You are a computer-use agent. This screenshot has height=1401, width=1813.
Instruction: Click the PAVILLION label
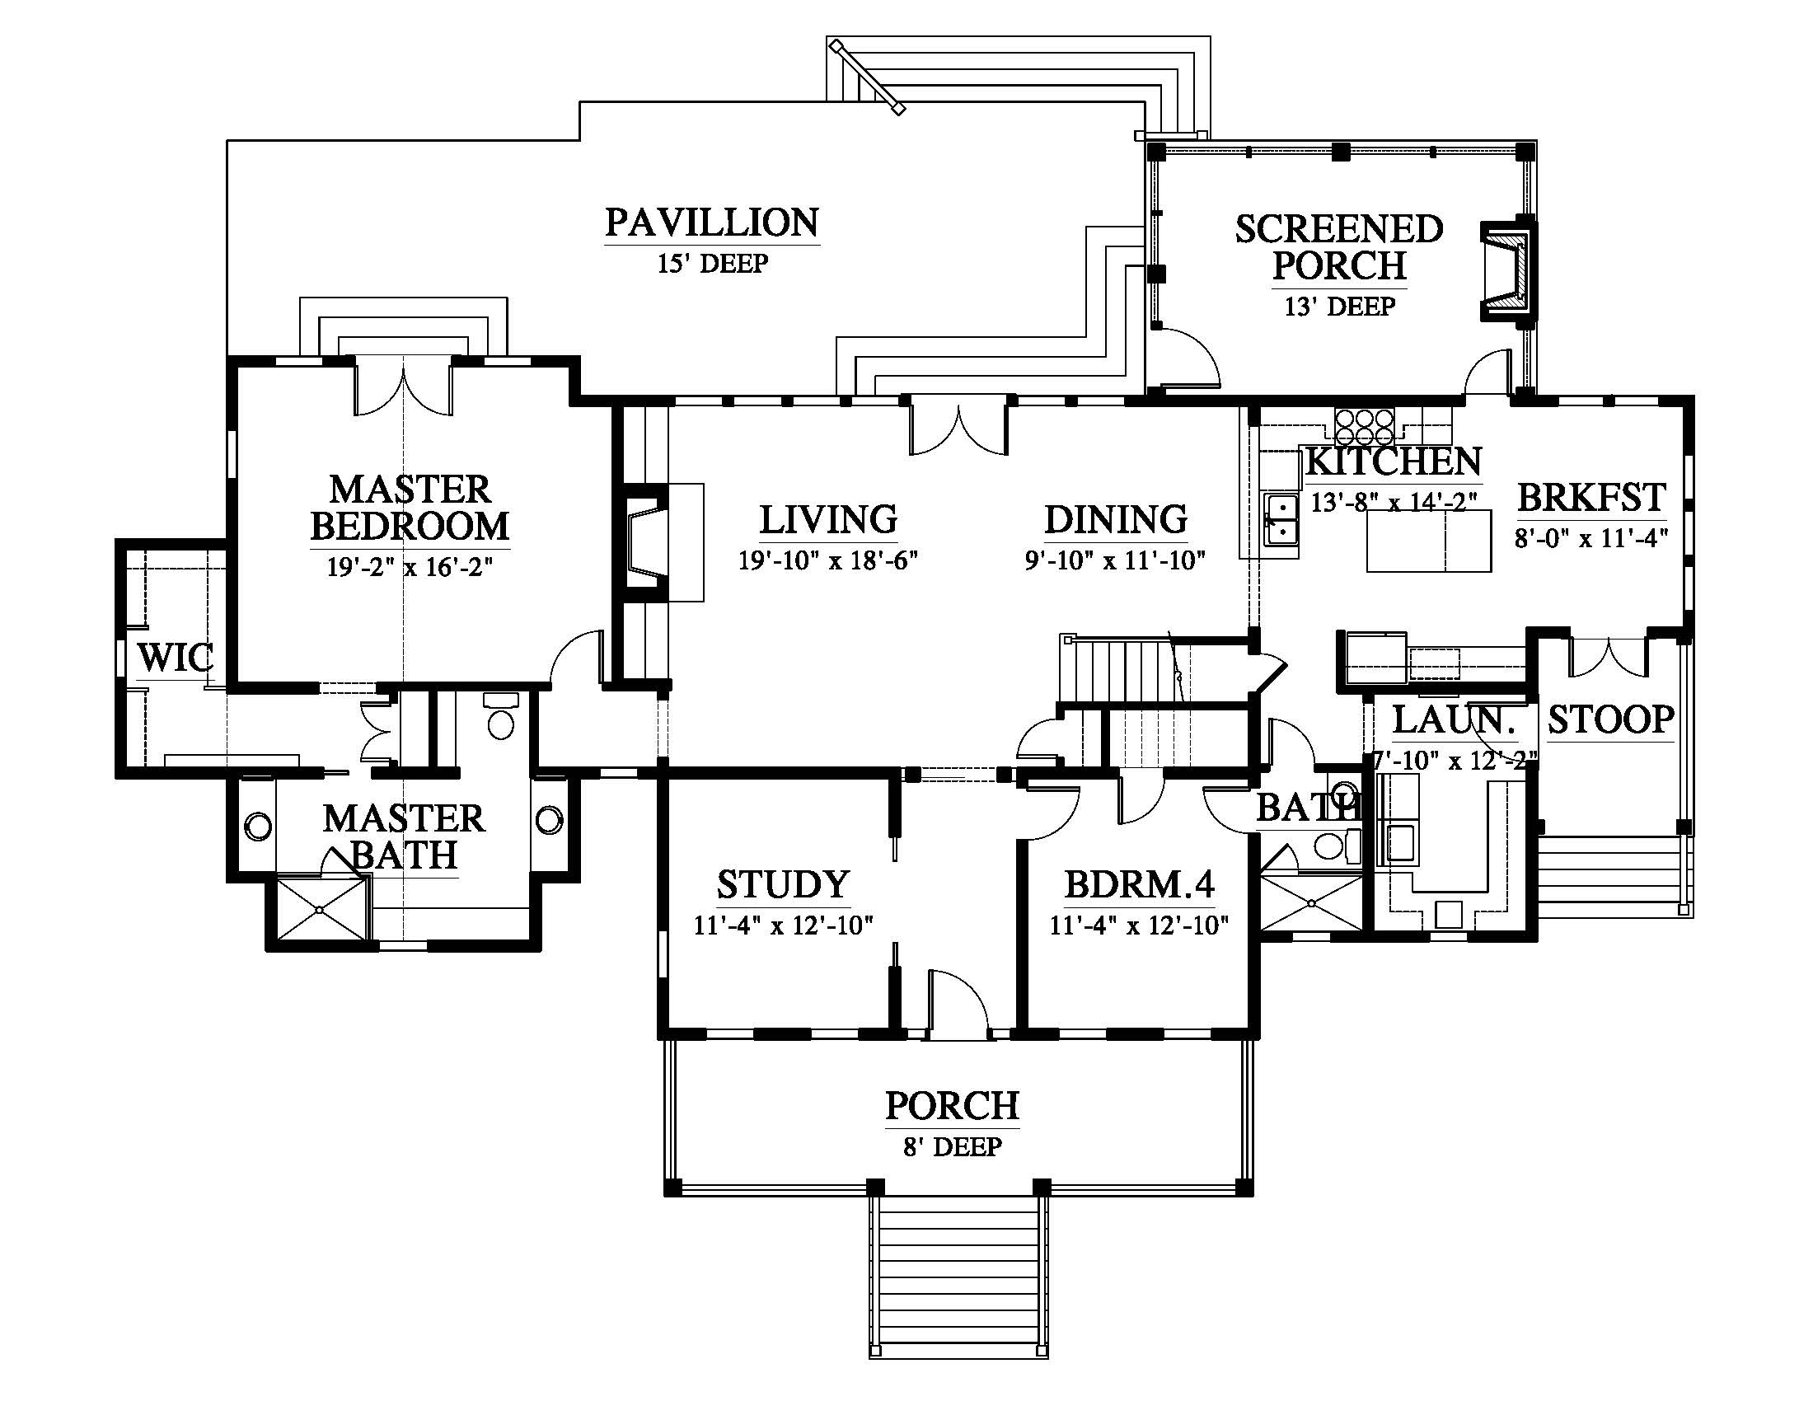[x=712, y=223]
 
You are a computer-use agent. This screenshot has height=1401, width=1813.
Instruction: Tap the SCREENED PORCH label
[x=1339, y=247]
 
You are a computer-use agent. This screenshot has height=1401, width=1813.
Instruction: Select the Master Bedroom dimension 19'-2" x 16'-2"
[x=410, y=568]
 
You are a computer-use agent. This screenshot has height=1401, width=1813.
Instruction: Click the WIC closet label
[x=176, y=658]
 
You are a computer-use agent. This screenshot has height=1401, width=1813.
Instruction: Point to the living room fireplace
[x=646, y=543]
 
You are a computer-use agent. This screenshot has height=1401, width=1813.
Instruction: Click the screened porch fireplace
[x=1509, y=269]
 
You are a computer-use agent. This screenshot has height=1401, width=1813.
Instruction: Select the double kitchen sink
[x=1281, y=520]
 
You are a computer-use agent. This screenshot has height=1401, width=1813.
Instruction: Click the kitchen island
[x=1430, y=541]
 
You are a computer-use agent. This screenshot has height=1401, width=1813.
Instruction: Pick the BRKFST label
[x=1591, y=498]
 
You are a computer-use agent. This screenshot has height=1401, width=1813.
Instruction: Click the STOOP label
[x=1610, y=719]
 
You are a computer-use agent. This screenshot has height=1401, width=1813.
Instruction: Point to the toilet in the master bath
[x=500, y=716]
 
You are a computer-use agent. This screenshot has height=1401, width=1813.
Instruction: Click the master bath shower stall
[x=321, y=910]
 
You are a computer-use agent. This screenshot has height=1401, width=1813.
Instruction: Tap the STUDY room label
[x=783, y=885]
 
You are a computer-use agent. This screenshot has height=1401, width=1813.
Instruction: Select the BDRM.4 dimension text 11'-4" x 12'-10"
[x=1139, y=925]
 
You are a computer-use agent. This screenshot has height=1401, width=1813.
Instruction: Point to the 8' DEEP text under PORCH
[x=952, y=1146]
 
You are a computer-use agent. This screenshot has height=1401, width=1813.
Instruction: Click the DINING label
[x=1116, y=519]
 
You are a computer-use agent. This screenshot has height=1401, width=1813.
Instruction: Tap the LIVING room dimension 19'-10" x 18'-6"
[x=828, y=560]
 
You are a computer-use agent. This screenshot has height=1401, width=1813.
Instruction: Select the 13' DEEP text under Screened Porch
[x=1340, y=307]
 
